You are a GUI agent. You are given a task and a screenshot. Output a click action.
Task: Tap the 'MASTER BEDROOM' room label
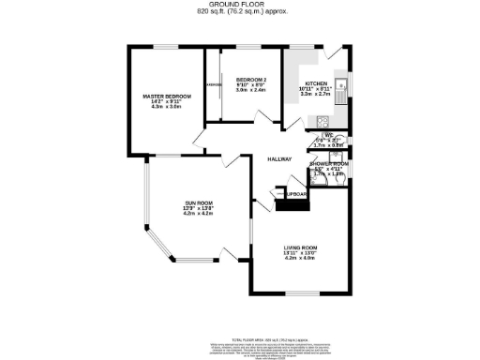pyautogui.click(x=167, y=97)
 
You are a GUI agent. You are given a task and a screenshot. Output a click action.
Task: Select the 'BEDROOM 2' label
pyautogui.click(x=251, y=79)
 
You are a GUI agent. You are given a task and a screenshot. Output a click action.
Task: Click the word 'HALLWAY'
pyautogui.click(x=279, y=159)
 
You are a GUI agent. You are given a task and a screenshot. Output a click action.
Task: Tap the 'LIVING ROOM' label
pyautogui.click(x=304, y=247)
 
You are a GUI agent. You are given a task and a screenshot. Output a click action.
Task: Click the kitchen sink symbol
pyautogui.click(x=343, y=90)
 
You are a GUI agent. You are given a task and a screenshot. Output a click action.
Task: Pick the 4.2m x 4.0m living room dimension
pyautogui.click(x=304, y=258)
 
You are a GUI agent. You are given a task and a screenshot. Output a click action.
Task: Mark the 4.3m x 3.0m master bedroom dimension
pyautogui.click(x=167, y=109)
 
